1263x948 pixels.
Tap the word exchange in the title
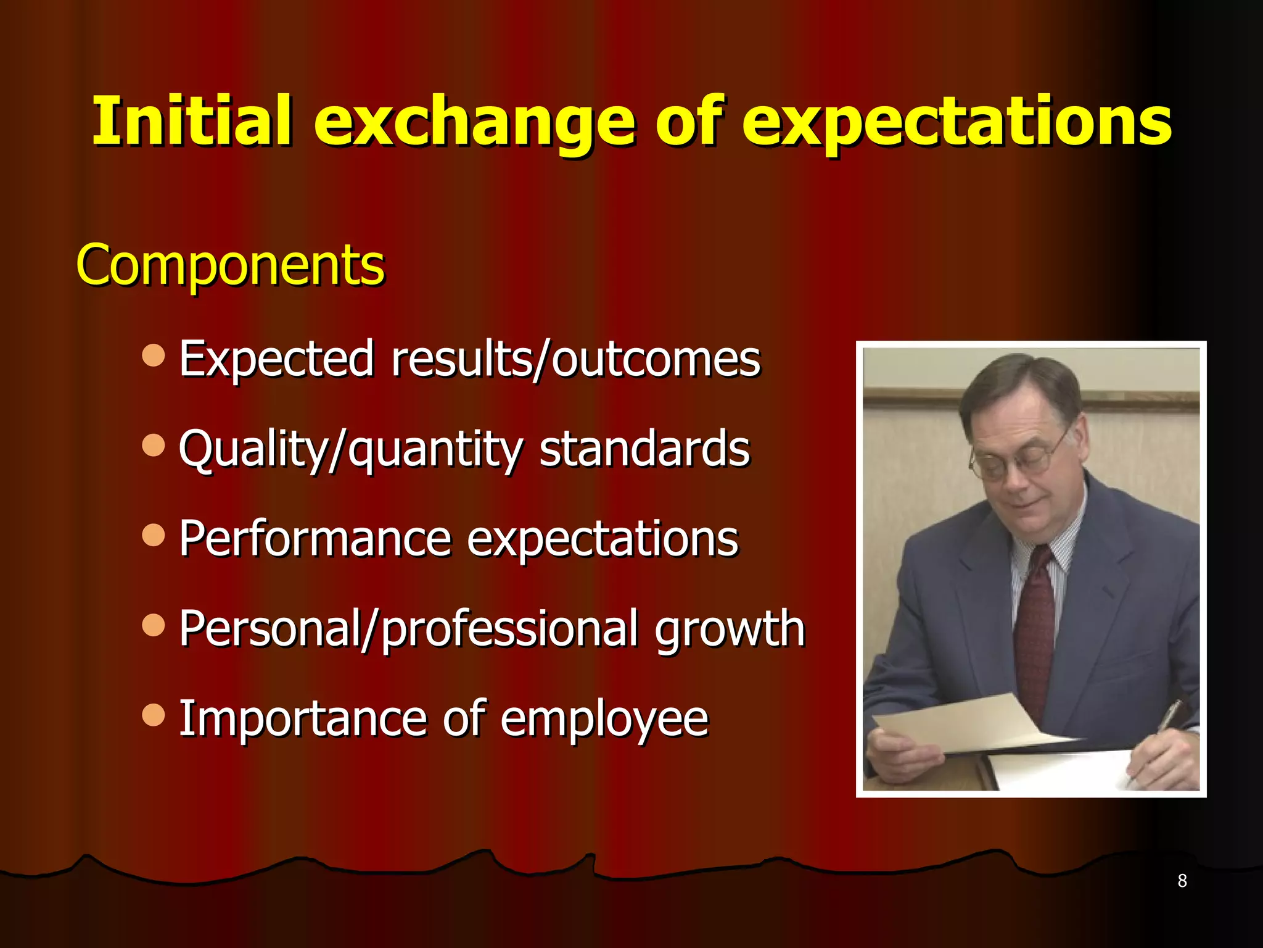point(474,123)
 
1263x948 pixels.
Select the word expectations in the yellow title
point(956,123)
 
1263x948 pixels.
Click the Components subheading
point(230,265)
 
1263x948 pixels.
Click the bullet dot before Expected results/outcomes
point(153,355)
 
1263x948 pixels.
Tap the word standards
point(644,449)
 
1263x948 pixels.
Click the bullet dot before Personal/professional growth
point(153,625)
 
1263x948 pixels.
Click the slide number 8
point(1182,881)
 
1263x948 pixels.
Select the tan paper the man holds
point(962,722)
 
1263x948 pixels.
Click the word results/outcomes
point(576,359)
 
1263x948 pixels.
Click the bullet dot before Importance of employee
point(153,715)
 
